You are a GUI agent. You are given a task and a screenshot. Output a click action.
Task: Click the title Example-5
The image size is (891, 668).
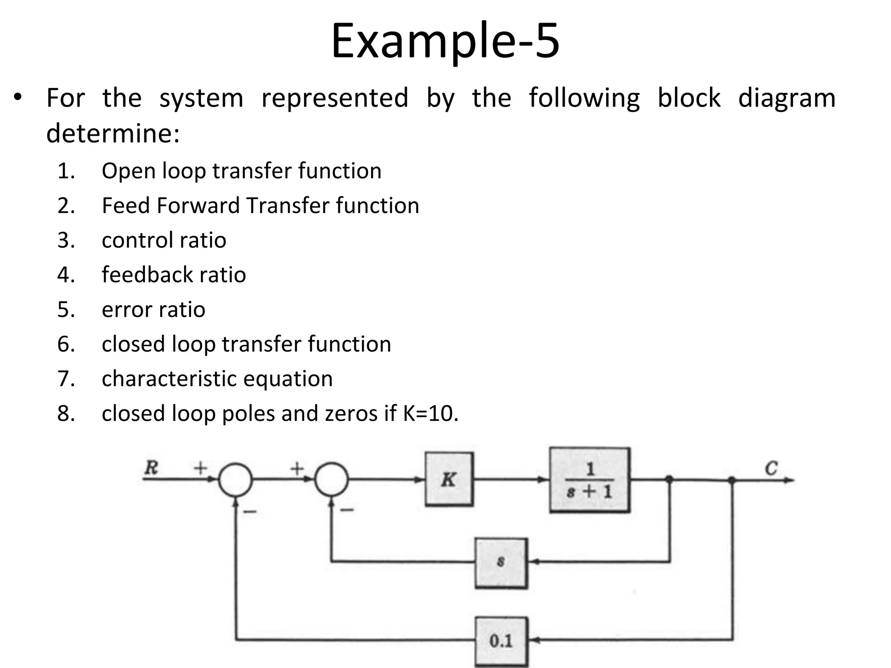pyautogui.click(x=445, y=41)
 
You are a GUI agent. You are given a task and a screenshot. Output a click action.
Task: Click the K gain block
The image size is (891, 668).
pyautogui.click(x=449, y=479)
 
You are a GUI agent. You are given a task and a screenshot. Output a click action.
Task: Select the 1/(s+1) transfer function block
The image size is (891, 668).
pyautogui.click(x=590, y=480)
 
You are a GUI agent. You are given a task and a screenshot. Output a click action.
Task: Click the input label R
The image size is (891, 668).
pyautogui.click(x=151, y=468)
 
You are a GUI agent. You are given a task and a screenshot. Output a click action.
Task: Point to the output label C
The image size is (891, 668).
pyautogui.click(x=771, y=468)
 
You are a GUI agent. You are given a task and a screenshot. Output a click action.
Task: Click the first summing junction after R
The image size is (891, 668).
pyautogui.click(x=235, y=480)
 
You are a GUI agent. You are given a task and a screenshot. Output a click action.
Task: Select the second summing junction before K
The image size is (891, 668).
pyautogui.click(x=331, y=480)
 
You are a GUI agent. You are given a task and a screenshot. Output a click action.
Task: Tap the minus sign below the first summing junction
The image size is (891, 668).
pyautogui.click(x=250, y=512)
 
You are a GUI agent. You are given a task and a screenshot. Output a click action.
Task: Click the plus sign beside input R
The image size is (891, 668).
pyautogui.click(x=200, y=468)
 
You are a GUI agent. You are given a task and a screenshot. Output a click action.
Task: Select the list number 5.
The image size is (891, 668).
pyautogui.click(x=66, y=310)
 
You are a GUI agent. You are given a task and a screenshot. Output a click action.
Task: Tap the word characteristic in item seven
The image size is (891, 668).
pyautogui.click(x=169, y=379)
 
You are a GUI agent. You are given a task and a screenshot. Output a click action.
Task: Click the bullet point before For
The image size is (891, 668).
pyautogui.click(x=17, y=97)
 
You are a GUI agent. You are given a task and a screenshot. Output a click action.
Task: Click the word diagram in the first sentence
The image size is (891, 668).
pyautogui.click(x=787, y=98)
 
